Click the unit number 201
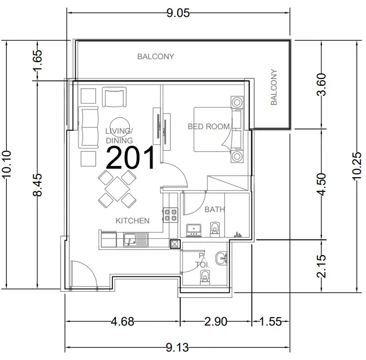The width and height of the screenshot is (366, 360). click(x=130, y=158)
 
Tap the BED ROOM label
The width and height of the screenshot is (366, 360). click(x=208, y=126)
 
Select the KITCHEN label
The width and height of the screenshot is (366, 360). click(x=133, y=221)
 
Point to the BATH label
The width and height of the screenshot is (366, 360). click(x=215, y=209)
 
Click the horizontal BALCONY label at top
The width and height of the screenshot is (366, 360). click(x=156, y=56)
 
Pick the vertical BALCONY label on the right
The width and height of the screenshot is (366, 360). click(x=274, y=87)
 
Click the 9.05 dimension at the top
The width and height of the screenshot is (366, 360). click(x=178, y=13)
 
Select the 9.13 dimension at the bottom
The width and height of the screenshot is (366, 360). click(x=177, y=348)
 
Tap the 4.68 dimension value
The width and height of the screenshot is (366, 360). click(x=123, y=322)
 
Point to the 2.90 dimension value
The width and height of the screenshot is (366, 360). click(x=216, y=322)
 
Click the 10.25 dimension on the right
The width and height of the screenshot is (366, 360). click(x=357, y=166)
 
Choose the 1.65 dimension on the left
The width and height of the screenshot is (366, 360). click(x=38, y=60)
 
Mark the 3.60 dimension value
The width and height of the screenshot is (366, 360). click(x=321, y=85)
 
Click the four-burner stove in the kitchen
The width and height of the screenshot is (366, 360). click(x=170, y=215)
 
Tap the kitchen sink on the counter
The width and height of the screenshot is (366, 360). click(x=136, y=239)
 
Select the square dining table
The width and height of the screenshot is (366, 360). click(x=117, y=189)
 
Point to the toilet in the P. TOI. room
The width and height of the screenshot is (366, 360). click(x=205, y=277)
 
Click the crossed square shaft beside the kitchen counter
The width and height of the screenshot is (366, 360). click(x=175, y=244)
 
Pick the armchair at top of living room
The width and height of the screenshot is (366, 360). click(x=114, y=97)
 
